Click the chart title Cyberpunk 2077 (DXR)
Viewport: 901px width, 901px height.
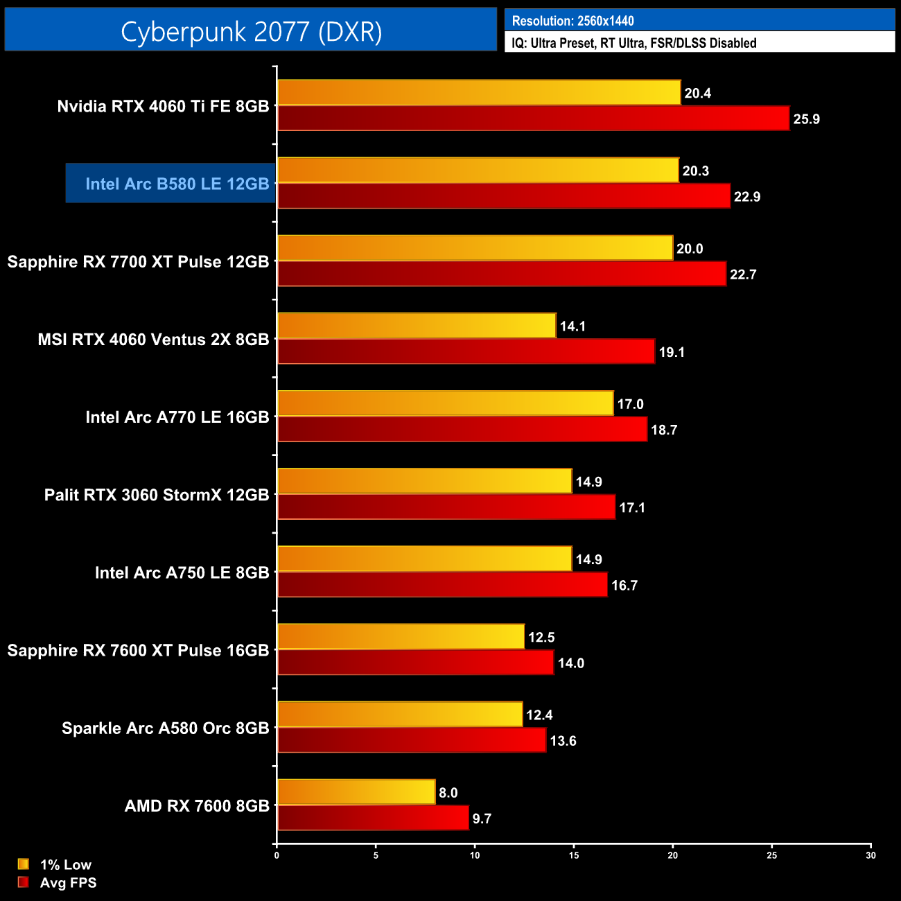(251, 31)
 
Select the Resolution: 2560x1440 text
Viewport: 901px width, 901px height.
(572, 21)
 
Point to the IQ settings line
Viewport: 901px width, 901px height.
(633, 43)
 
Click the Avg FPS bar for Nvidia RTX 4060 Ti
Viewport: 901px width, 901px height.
(533, 119)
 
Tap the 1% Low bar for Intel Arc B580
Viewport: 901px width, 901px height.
(478, 170)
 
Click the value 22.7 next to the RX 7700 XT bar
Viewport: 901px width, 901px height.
(743, 274)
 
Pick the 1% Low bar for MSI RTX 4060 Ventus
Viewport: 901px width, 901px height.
(417, 326)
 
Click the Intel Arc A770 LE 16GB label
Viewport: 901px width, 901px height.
(177, 417)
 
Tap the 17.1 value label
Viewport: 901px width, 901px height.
(632, 508)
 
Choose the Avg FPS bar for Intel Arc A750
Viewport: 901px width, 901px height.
(442, 585)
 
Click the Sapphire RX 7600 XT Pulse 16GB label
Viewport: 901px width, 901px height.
(138, 650)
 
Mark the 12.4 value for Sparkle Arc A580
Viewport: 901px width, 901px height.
(539, 715)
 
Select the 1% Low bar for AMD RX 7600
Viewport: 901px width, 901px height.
(356, 792)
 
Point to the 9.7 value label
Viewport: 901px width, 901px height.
(482, 819)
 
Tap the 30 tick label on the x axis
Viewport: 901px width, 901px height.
(871, 855)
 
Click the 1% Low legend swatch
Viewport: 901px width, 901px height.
(24, 864)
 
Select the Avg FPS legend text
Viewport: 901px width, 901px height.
(68, 883)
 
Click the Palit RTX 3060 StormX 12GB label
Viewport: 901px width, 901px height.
(157, 495)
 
